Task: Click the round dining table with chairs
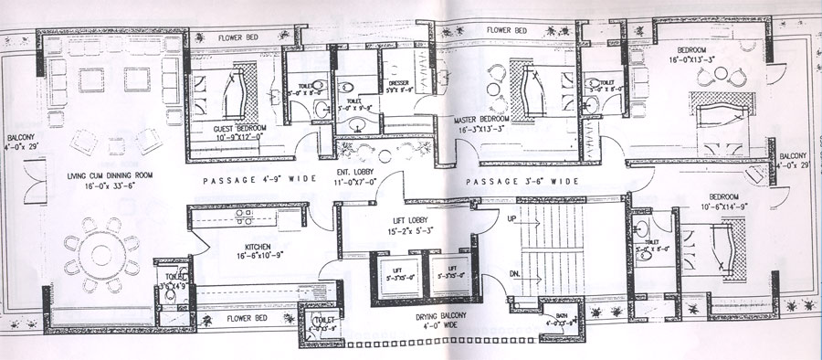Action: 100,252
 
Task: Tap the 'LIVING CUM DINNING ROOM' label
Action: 109,175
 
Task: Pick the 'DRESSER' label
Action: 398,83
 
